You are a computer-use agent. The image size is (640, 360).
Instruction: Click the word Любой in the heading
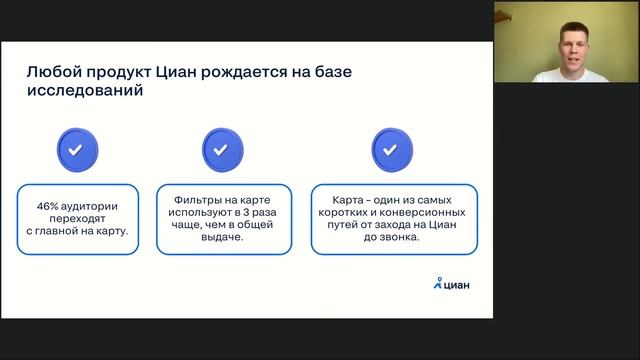(x=50, y=71)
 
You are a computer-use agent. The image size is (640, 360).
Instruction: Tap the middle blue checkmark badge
(x=223, y=149)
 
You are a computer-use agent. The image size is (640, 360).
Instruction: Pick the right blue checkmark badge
(x=391, y=149)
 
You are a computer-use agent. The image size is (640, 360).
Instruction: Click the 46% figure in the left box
(x=49, y=205)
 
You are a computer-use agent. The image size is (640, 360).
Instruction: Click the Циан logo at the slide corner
(x=451, y=283)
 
